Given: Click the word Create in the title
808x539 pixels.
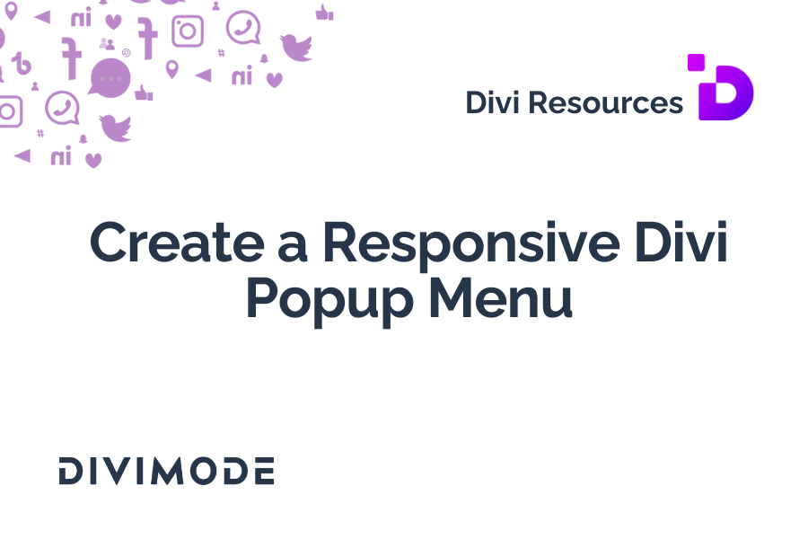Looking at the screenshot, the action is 177,243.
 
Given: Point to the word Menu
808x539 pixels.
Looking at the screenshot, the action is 500,297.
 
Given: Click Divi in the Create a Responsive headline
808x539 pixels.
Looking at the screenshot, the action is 681,242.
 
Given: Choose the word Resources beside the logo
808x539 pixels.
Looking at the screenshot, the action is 605,102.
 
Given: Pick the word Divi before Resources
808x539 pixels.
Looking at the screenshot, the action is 492,102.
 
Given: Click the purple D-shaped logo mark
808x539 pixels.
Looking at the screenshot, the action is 725,93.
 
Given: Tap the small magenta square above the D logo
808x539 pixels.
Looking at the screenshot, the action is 696,62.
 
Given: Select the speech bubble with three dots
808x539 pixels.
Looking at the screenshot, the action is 110,78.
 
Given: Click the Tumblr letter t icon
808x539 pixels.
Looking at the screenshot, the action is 22,64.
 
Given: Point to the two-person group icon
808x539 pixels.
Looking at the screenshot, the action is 107,44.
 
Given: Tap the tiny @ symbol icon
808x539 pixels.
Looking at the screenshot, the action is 127,53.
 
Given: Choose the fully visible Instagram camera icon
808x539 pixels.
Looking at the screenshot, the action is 188,31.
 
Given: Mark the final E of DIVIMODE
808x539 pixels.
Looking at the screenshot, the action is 264,471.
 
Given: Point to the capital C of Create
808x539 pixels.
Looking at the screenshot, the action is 110,243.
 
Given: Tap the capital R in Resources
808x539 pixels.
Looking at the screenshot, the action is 539,102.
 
